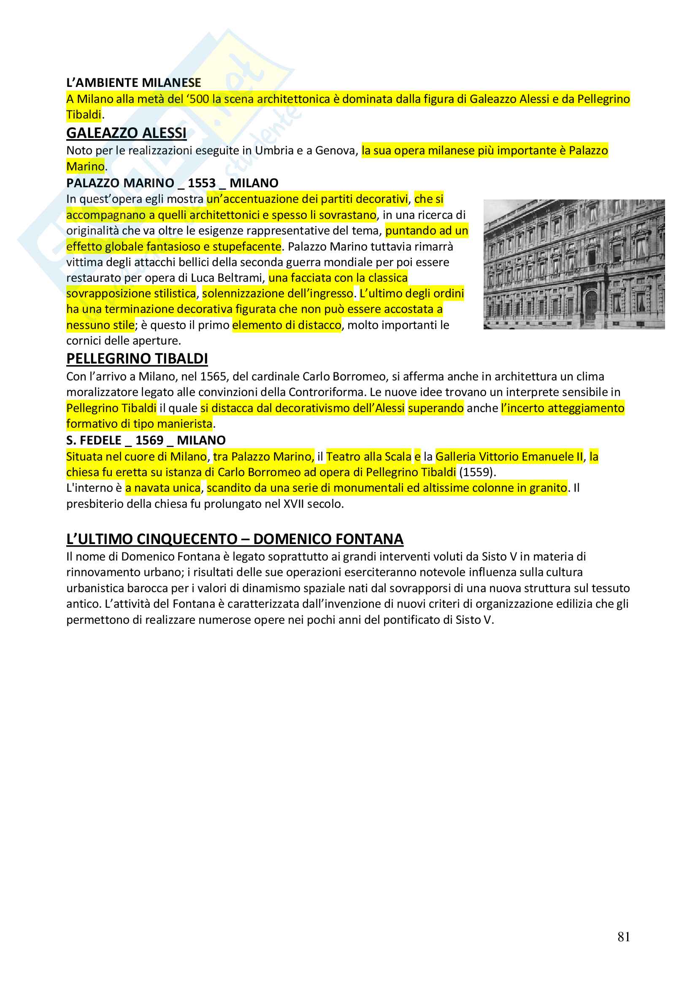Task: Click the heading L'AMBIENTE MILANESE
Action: pyautogui.click(x=133, y=83)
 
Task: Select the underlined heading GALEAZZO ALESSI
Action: pyautogui.click(x=126, y=133)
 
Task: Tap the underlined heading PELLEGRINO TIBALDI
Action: pyautogui.click(x=137, y=358)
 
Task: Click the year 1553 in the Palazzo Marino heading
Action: pyautogui.click(x=201, y=183)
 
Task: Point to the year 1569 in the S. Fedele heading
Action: pyautogui.click(x=149, y=440)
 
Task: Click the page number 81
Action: pyautogui.click(x=624, y=937)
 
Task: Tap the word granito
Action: pyautogui.click(x=548, y=488)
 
